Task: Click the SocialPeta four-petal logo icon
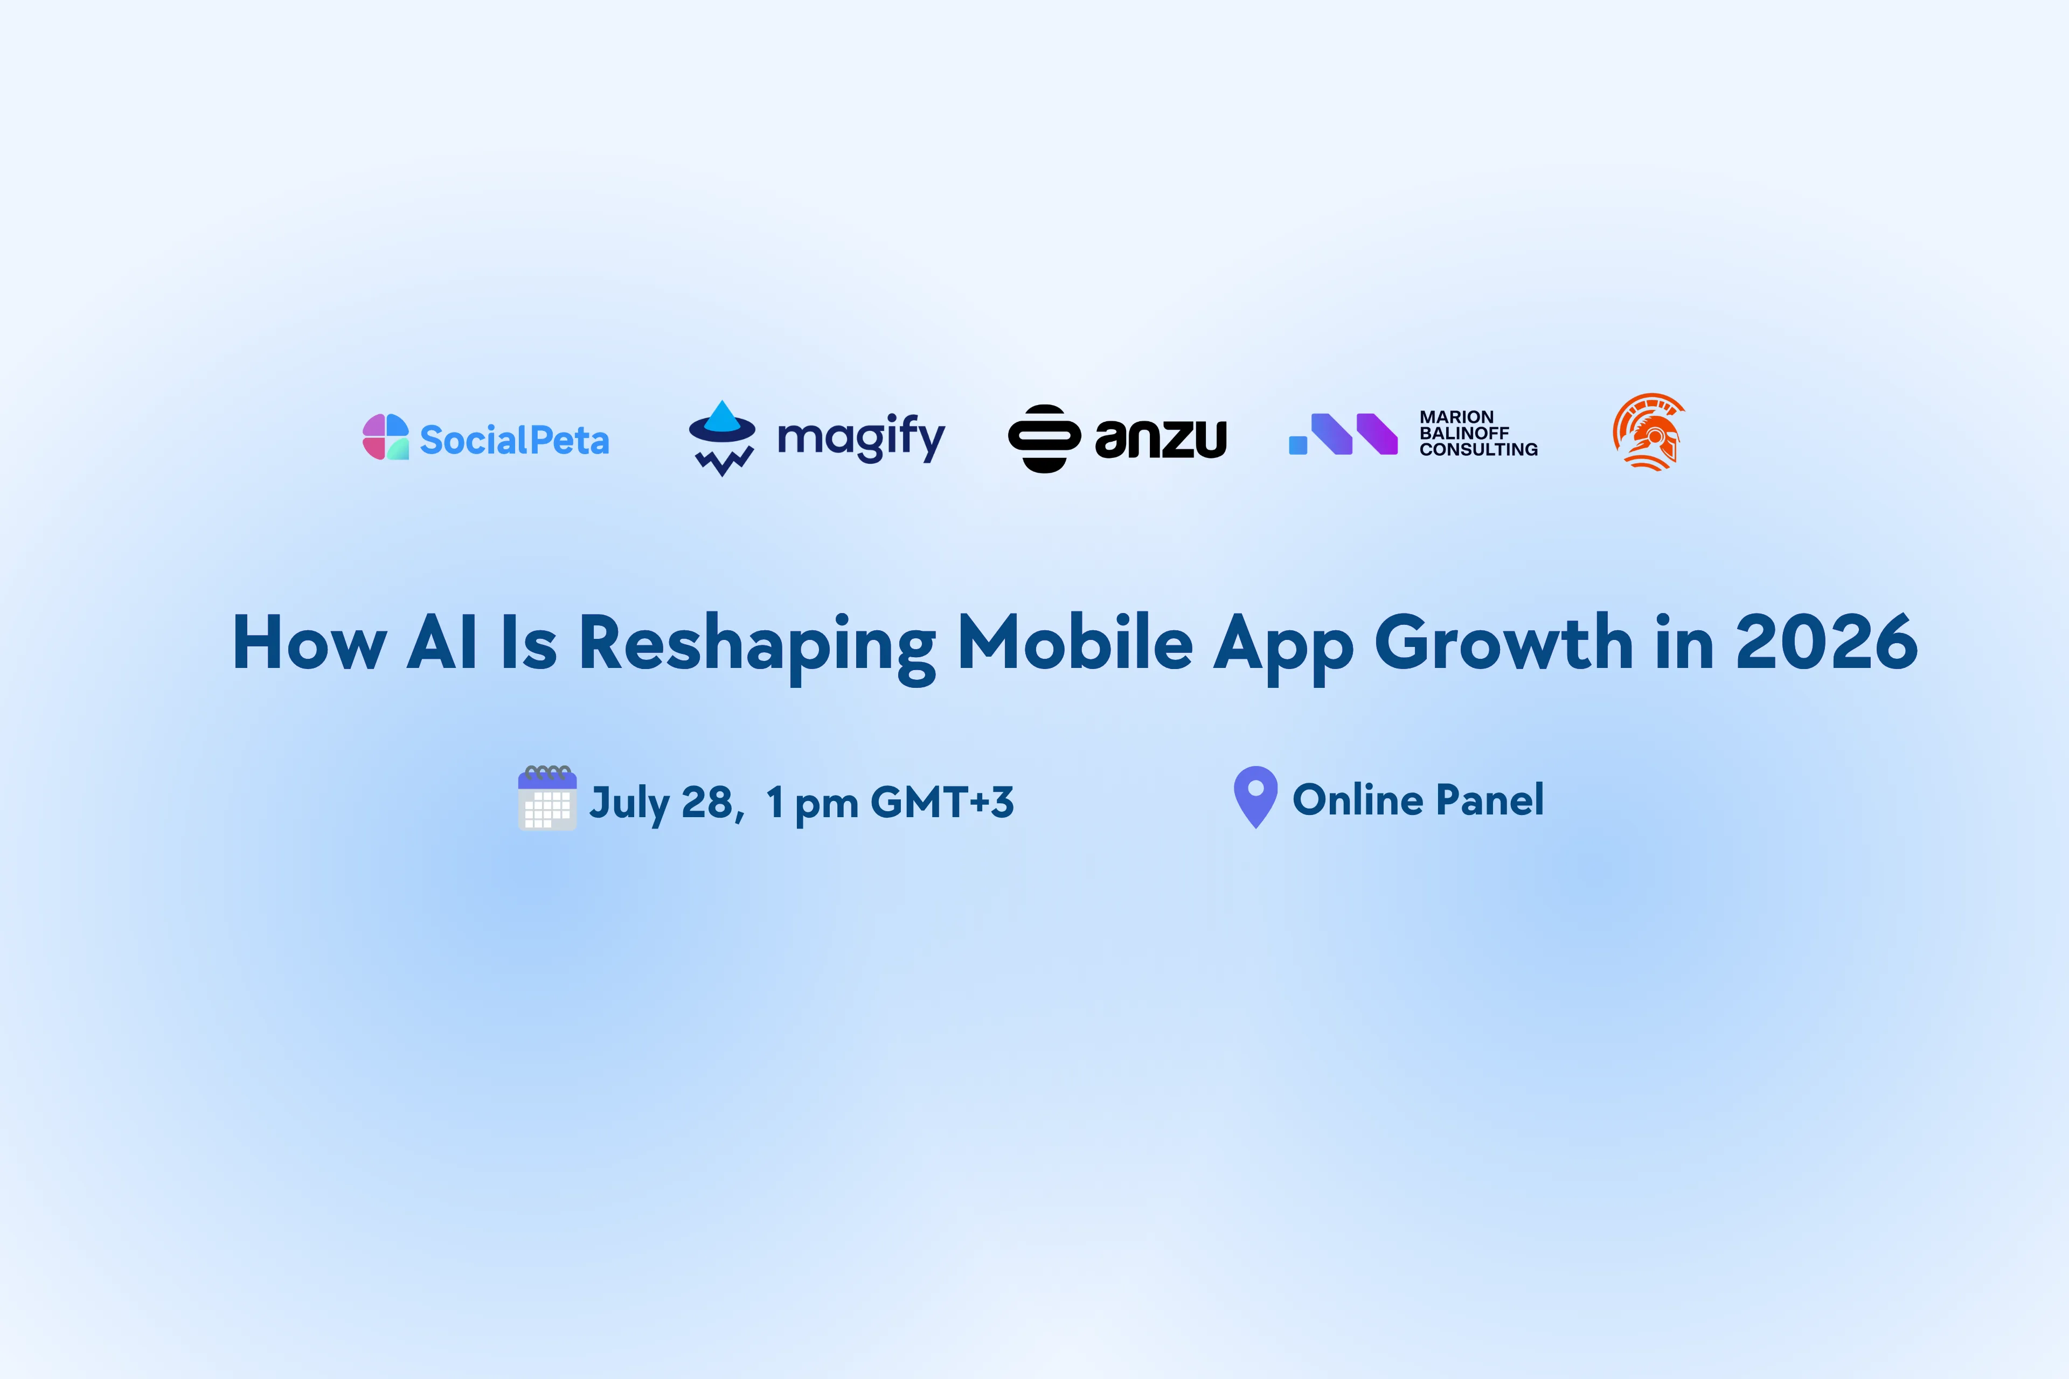(x=385, y=436)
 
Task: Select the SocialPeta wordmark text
(x=515, y=440)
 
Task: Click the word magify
(x=861, y=437)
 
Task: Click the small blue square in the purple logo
(x=1297, y=445)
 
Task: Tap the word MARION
(x=1457, y=417)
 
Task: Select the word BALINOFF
(x=1464, y=433)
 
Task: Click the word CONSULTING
(x=1478, y=449)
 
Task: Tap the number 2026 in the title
(x=1826, y=642)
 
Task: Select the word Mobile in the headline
(x=1075, y=642)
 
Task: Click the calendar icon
(x=547, y=798)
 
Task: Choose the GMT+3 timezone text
(x=942, y=801)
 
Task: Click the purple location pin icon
(x=1255, y=797)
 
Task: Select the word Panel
(x=1490, y=799)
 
